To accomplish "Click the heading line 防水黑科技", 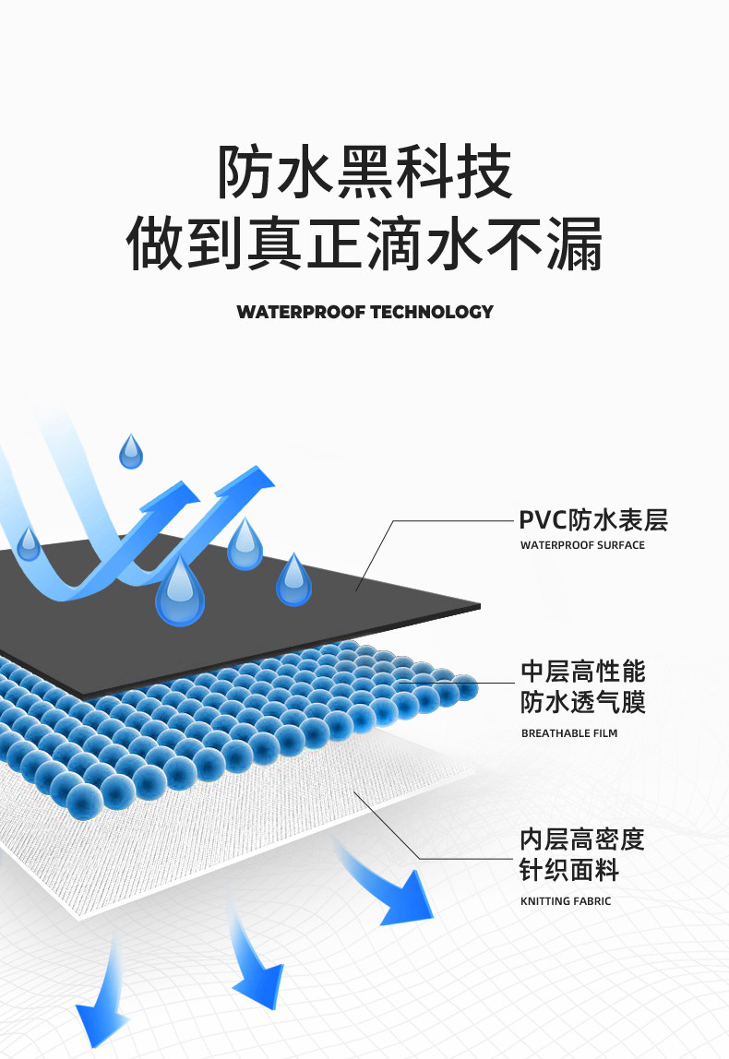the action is (x=364, y=173).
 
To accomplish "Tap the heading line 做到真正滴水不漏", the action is (x=364, y=243).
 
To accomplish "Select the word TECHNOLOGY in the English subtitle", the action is (x=432, y=312).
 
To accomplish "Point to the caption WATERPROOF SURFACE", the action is (x=582, y=545).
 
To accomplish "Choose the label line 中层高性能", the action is (x=582, y=671).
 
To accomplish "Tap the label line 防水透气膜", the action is (x=582, y=703).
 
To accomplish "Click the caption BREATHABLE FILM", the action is (x=569, y=733).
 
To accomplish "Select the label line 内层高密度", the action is (x=582, y=839).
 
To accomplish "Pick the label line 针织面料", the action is (x=569, y=870).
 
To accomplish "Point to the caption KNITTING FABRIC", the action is (x=566, y=901).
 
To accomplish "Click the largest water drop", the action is (x=180, y=593).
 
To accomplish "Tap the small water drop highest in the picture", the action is (x=131, y=452).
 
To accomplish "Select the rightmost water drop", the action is (x=293, y=581).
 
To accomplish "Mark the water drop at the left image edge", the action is (x=29, y=544).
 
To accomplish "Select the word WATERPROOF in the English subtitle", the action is (x=301, y=312).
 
